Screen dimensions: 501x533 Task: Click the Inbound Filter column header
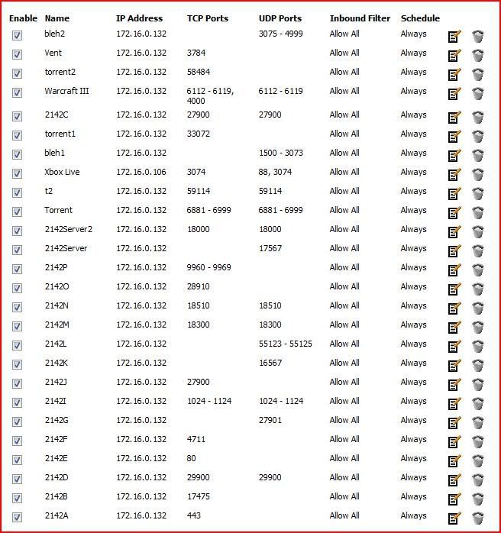coord(360,18)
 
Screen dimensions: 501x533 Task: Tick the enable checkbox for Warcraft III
coord(18,93)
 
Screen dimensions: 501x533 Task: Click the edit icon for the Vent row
coord(454,55)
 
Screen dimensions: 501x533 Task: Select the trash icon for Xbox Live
coord(478,174)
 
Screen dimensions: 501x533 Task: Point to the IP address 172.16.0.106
coord(141,172)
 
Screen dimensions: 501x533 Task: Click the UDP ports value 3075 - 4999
coord(281,34)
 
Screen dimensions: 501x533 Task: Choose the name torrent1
coord(60,134)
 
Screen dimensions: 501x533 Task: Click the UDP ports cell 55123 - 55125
coord(286,344)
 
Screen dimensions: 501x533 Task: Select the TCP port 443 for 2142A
coord(194,515)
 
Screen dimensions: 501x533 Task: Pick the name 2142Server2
coord(69,229)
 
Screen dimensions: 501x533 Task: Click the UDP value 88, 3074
coord(275,172)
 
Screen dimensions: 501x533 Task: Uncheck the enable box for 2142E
coord(18,460)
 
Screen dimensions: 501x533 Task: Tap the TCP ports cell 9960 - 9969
coord(209,267)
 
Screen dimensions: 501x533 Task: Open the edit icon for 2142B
coord(454,499)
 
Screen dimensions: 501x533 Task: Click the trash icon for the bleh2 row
coord(478,36)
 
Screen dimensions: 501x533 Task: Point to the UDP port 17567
coord(270,248)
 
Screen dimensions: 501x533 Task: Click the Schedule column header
coord(420,18)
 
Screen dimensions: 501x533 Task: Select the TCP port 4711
coord(196,439)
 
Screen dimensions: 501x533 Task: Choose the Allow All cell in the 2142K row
coord(344,363)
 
